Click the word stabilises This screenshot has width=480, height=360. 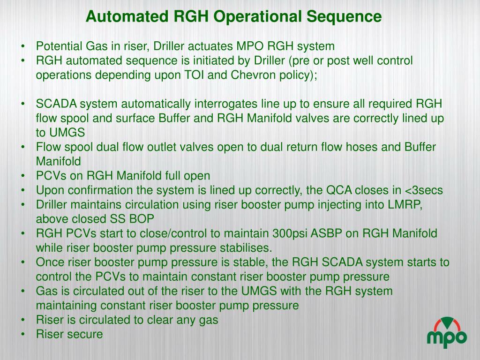[243, 247]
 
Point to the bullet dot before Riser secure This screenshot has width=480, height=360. [23, 334]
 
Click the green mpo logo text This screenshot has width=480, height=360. [447, 337]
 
